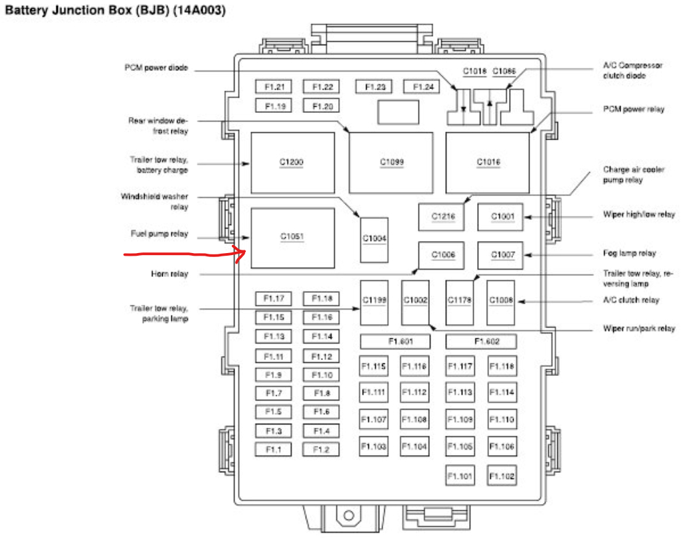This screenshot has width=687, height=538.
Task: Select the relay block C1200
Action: click(x=292, y=162)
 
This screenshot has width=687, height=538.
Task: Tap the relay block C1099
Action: click(x=391, y=162)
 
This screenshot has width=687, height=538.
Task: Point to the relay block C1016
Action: click(x=488, y=162)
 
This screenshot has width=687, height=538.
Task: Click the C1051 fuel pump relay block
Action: click(x=292, y=237)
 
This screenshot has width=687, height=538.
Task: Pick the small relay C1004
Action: click(x=374, y=239)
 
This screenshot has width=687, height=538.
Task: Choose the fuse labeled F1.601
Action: click(x=395, y=341)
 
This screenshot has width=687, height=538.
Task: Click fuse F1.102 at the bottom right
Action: click(x=502, y=476)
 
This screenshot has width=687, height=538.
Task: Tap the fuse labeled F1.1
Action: click(x=274, y=450)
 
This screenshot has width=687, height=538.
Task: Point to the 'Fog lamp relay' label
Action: click(x=629, y=253)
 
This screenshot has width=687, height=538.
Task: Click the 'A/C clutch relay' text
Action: click(x=631, y=300)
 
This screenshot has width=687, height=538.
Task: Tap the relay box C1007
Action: click(x=500, y=255)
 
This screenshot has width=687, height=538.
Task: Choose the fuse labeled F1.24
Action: click(x=423, y=87)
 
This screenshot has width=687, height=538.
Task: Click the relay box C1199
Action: click(x=374, y=302)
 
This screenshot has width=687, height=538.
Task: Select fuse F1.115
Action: click(x=374, y=366)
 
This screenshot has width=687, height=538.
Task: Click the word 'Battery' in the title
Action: click(x=28, y=12)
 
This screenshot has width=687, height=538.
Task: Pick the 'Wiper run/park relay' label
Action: click(x=638, y=328)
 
